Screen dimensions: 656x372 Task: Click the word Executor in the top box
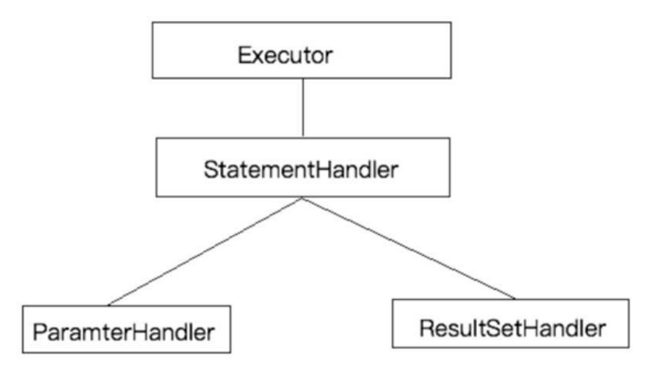coord(285,55)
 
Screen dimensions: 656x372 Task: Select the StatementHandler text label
coord(301,170)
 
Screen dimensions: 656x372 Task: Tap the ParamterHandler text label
coord(124,332)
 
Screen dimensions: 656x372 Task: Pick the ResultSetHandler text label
coord(513,328)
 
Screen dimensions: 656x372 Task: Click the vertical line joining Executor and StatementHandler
coord(303,108)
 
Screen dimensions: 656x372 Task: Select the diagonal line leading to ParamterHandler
coord(205,252)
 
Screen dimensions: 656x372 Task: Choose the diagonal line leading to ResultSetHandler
coord(409,248)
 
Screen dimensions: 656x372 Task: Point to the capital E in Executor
coord(245,55)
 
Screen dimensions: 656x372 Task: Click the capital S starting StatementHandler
coord(211,170)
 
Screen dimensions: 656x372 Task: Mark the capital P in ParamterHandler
coord(40,332)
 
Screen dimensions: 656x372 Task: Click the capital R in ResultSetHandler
coord(427,328)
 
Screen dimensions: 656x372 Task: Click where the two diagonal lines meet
coord(302,198)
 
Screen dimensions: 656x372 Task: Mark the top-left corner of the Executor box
coord(153,22)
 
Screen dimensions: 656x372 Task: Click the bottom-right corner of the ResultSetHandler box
coord(629,347)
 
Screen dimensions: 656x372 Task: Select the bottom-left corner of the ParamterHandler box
coord(23,353)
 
